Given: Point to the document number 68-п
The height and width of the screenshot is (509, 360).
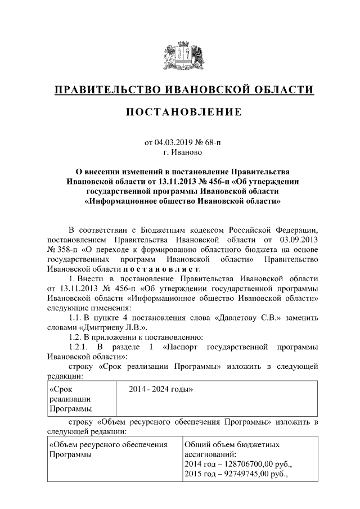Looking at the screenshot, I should coord(213,143).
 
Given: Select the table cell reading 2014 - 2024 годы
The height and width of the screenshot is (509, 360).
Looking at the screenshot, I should coord(161,389).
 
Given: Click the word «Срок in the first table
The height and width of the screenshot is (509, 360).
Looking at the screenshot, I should coord(61,389).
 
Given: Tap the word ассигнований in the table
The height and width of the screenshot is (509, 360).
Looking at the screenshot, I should coord(210,454).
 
